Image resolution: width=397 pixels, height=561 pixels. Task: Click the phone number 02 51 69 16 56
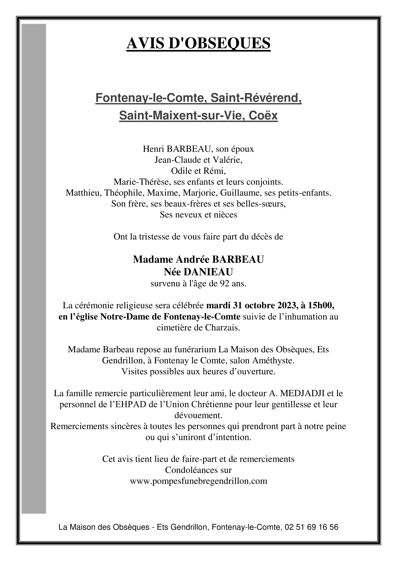coord(311,527)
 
